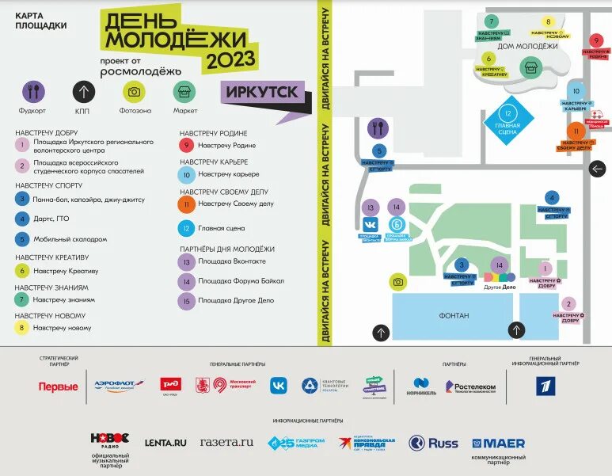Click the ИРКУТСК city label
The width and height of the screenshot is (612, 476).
[261, 91]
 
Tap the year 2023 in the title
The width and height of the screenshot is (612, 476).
[230, 59]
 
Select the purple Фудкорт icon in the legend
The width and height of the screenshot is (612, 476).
[33, 92]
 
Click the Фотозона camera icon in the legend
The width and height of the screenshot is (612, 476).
[134, 92]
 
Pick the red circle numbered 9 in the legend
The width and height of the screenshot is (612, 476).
[187, 145]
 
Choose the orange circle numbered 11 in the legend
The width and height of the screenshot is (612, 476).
[187, 204]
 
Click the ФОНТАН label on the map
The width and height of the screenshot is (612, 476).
[454, 315]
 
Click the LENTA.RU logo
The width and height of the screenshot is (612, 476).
[165, 443]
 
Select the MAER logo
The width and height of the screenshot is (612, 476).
[499, 443]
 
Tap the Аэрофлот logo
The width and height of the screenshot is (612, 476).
[119, 386]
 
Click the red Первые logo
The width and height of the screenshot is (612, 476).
[59, 387]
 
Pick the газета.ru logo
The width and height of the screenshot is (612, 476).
[226, 442]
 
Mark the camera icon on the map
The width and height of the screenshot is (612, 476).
[398, 281]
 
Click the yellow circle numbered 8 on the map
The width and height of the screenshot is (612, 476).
[548, 23]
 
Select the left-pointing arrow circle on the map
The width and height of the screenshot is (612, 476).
[598, 169]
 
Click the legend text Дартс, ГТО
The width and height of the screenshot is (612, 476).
[52, 219]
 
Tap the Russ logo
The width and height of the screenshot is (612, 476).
[434, 443]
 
